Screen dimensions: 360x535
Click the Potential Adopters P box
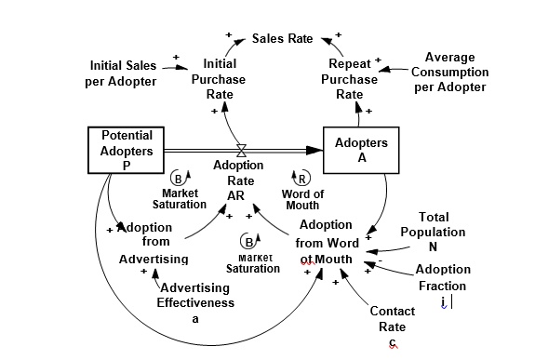point(127,149)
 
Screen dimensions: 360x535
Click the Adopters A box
point(362,150)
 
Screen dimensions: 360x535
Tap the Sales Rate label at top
point(283,39)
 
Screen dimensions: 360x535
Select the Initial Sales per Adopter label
point(123,73)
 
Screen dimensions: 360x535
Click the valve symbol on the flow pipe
point(241,149)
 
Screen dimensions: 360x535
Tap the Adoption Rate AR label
point(239,180)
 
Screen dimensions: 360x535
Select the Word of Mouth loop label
point(301,199)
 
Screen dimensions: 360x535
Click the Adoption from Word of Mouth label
point(326,241)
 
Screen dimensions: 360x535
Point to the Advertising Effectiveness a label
point(195,302)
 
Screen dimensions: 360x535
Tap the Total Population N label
point(433,232)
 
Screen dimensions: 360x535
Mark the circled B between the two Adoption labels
point(247,241)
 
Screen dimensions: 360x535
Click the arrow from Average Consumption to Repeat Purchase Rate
point(396,68)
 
